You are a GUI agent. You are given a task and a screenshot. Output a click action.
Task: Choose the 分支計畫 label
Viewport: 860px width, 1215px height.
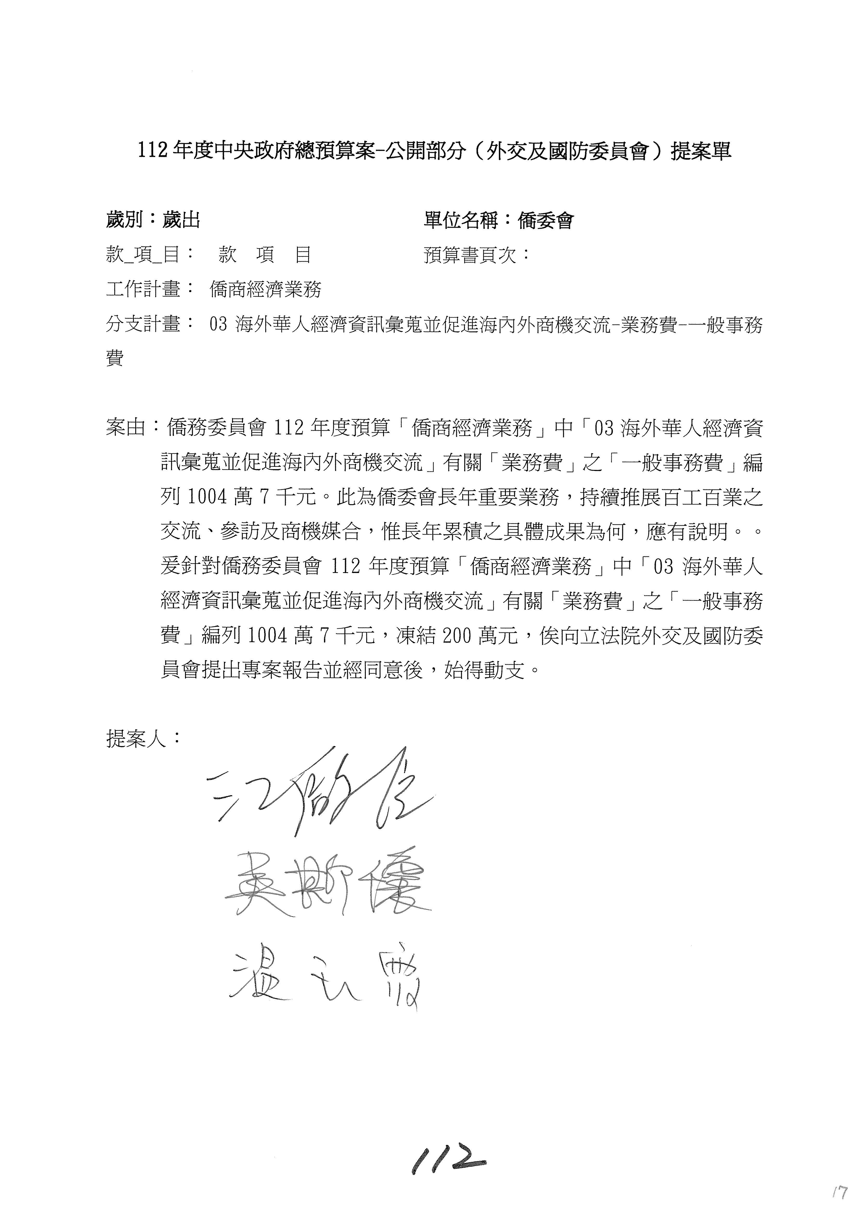tap(143, 324)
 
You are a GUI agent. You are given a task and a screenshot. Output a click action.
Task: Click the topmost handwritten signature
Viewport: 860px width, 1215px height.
tap(318, 794)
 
